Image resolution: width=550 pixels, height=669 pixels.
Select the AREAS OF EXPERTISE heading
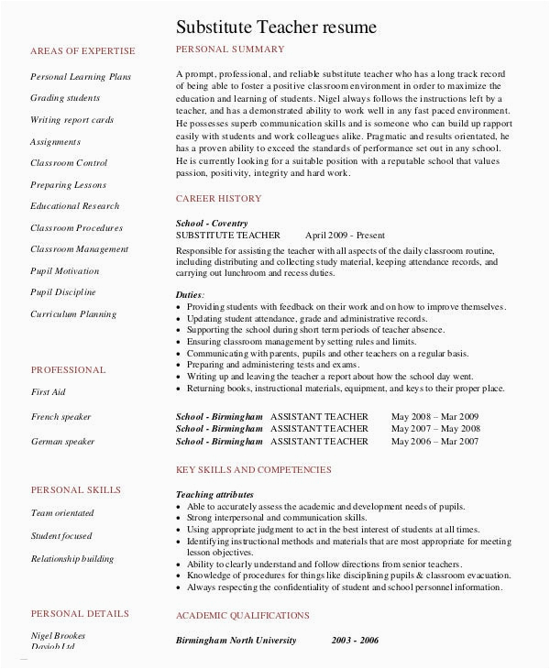pos(82,50)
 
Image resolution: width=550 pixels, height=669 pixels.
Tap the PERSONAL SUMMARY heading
pos(230,49)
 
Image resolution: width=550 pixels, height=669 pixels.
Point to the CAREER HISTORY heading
pos(218,198)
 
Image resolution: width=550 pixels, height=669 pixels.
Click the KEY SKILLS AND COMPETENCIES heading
pos(253,469)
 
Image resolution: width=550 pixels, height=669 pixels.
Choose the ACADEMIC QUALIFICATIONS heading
pos(242,616)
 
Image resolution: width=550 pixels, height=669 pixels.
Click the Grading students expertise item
pos(65,98)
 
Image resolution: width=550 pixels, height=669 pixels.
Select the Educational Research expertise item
pos(75,206)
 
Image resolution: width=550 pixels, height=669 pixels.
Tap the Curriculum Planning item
pos(73,313)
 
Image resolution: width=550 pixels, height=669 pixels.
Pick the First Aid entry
pos(48,391)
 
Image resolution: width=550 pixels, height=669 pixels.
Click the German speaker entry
pos(62,441)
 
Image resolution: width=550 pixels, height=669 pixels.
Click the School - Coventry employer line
pos(213,223)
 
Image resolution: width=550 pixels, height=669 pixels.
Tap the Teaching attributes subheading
pos(214,494)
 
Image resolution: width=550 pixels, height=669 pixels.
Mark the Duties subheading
pos(190,293)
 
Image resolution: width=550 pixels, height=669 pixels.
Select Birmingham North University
pos(236,640)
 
